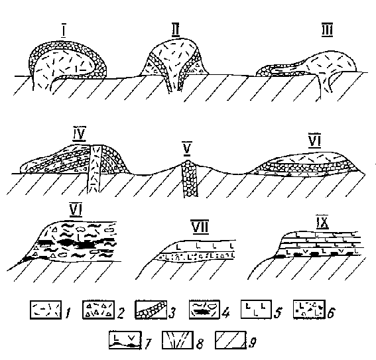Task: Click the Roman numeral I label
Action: [x=63, y=31]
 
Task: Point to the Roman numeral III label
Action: [x=328, y=30]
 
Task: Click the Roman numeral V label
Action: [x=187, y=149]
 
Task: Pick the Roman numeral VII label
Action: [x=200, y=227]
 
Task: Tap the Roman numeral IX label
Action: [x=322, y=223]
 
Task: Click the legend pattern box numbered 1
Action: [x=46, y=310]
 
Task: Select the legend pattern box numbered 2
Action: [x=98, y=310]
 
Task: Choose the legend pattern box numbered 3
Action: [x=151, y=310]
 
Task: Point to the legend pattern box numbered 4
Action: [x=204, y=310]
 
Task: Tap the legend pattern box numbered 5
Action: [x=256, y=309]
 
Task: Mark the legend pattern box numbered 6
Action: [x=309, y=309]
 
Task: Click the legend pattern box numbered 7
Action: [x=125, y=339]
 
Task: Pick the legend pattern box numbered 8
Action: [x=178, y=339]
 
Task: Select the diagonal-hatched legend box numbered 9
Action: [x=231, y=339]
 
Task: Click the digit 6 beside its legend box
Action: [x=331, y=312]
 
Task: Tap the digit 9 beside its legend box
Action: [x=253, y=342]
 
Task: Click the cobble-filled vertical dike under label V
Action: [x=189, y=178]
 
